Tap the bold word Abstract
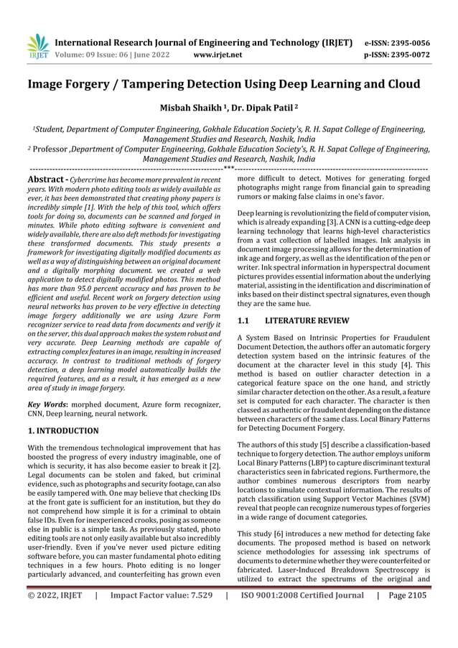[47, 178]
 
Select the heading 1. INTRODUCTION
[63, 431]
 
